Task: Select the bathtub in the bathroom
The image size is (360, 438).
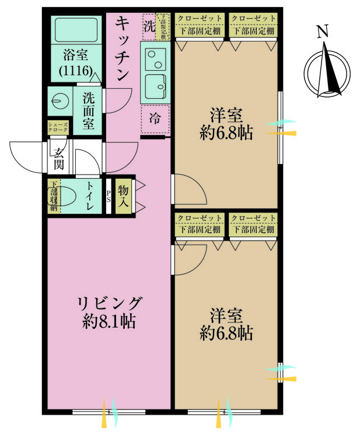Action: (x=75, y=29)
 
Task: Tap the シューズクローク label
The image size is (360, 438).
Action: (x=58, y=128)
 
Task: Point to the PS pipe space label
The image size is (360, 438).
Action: (x=109, y=197)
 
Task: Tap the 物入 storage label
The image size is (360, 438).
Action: (x=123, y=196)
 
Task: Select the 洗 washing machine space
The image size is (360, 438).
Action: (x=149, y=26)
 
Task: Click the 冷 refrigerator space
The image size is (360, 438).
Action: (x=155, y=119)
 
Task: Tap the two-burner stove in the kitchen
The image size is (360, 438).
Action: (x=156, y=57)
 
